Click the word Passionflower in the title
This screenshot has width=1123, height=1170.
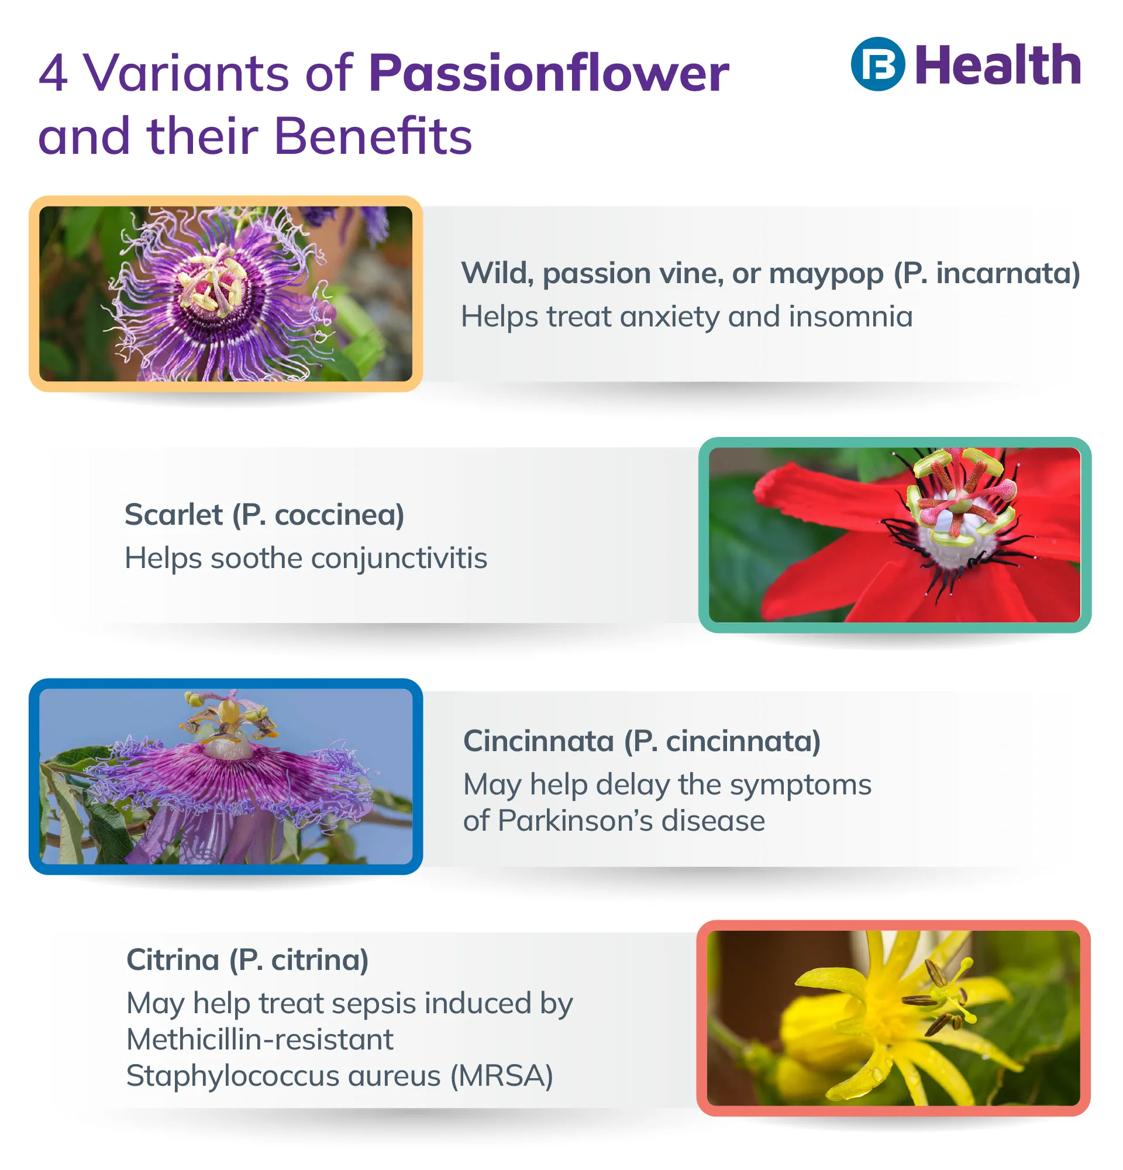click(x=548, y=74)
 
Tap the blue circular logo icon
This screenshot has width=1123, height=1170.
click(x=877, y=64)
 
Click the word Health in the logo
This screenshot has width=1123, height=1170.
click(x=997, y=65)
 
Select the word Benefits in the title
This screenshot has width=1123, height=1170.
click(x=373, y=136)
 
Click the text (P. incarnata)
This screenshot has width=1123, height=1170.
click(x=986, y=274)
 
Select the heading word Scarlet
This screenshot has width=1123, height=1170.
click(x=173, y=515)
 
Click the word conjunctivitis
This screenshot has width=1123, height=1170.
click(x=398, y=559)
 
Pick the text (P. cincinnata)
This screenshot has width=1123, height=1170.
click(x=722, y=741)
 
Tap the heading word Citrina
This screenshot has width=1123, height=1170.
click(x=173, y=961)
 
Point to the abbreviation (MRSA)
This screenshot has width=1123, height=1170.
click(x=501, y=1076)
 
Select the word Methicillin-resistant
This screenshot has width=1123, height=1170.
click(x=260, y=1040)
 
